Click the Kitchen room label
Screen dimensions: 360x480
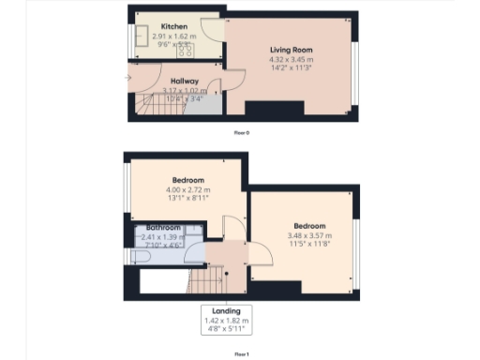172,26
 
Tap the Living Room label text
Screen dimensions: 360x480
292,49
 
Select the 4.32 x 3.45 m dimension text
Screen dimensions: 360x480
292,60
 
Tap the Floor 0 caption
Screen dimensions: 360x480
242,133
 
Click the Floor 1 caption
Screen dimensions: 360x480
242,353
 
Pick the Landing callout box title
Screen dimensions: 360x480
226,310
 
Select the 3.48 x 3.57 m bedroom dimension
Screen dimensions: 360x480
309,237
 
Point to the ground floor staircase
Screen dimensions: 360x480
150,106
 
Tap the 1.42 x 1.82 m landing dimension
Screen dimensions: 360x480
226,321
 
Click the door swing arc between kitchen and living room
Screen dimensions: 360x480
214,28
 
